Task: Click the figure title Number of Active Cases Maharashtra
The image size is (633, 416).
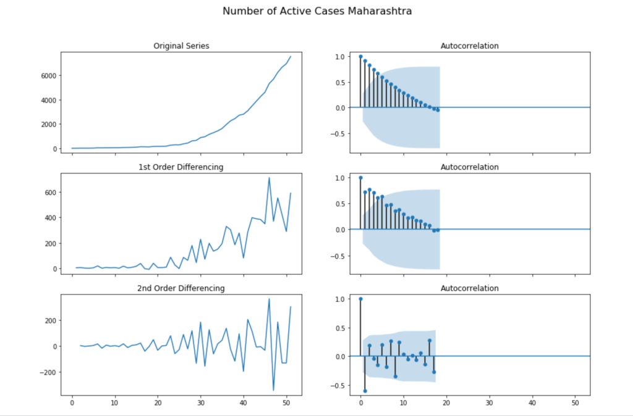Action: click(x=316, y=11)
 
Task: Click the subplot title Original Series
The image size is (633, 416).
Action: click(x=181, y=46)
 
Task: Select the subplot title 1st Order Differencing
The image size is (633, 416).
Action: click(x=181, y=167)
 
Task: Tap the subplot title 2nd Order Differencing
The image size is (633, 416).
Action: click(x=181, y=288)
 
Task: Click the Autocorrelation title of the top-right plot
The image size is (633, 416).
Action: click(x=469, y=46)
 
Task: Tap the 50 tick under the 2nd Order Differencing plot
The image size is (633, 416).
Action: click(x=287, y=404)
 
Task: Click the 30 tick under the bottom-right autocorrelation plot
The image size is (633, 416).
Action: click(x=489, y=404)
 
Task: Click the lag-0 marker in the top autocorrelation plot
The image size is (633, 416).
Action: click(x=360, y=56)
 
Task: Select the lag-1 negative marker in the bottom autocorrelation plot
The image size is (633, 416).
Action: click(x=365, y=391)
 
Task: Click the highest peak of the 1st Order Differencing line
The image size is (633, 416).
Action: click(x=269, y=178)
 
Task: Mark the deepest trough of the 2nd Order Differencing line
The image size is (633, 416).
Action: click(x=273, y=390)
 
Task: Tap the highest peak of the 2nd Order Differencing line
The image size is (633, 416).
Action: click(x=269, y=299)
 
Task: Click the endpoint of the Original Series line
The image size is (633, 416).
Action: click(x=291, y=56)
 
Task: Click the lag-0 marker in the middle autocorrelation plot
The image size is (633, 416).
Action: click(x=360, y=178)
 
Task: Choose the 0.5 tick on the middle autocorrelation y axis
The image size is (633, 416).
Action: click(x=340, y=203)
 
